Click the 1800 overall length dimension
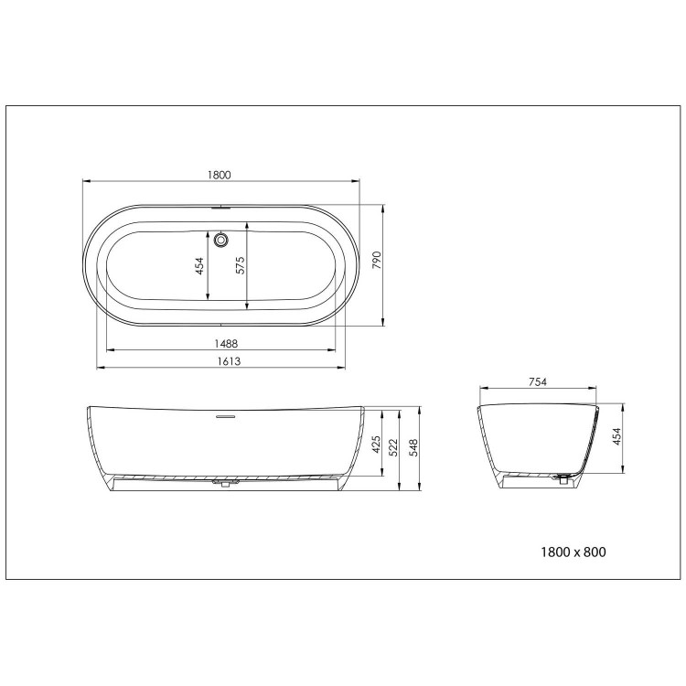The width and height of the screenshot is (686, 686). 220,174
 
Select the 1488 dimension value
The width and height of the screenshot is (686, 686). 220,343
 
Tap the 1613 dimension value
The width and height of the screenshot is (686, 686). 220,361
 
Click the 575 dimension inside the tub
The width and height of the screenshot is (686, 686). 241,265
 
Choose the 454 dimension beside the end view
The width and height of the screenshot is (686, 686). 617,437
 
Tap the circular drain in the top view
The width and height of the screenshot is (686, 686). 221,241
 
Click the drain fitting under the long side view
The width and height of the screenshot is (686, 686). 221,482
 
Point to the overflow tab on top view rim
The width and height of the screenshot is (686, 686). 221,207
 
